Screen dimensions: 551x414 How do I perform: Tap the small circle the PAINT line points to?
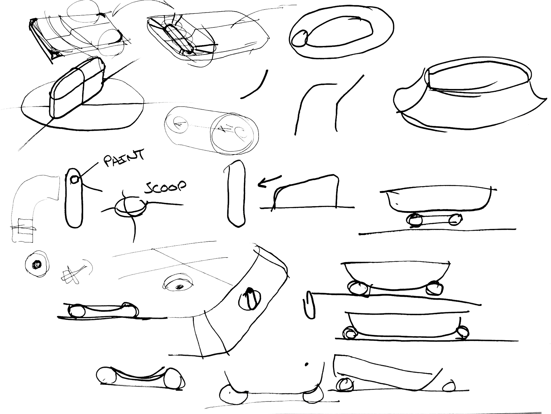75,180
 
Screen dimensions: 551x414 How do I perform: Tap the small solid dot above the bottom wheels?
306,364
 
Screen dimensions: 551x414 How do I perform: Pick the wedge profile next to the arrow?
307,192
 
